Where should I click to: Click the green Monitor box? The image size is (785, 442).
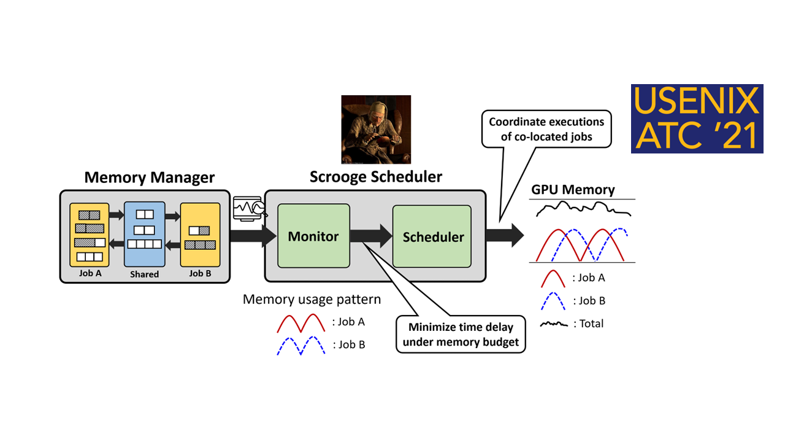click(x=313, y=236)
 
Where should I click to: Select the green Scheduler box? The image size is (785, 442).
click(x=432, y=236)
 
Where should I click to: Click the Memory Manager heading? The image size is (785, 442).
click(x=150, y=178)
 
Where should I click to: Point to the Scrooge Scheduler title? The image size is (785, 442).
click(x=375, y=177)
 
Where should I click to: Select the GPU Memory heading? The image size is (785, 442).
click(x=572, y=190)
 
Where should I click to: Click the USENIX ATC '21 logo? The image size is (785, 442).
click(x=697, y=118)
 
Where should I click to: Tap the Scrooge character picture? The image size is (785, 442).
click(x=375, y=130)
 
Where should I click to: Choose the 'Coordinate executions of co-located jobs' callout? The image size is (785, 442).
click(x=546, y=129)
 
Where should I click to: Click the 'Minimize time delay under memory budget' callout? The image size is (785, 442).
click(x=461, y=335)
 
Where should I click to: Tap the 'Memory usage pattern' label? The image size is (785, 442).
click(x=312, y=300)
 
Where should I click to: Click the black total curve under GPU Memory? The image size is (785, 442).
click(x=583, y=209)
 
